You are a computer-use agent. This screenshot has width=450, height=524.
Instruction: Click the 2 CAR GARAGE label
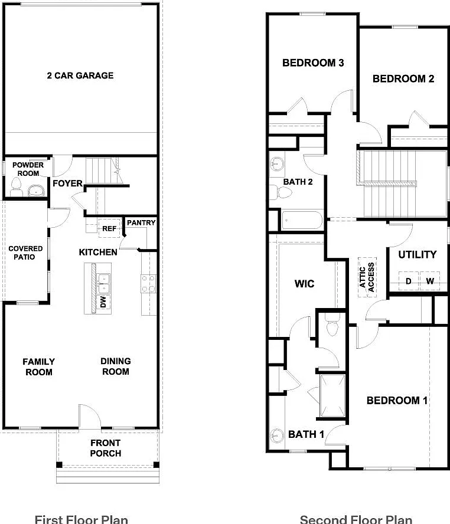(80, 76)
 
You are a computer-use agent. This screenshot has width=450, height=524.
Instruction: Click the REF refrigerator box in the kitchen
(109, 228)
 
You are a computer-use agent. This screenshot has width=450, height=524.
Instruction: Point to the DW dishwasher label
(103, 302)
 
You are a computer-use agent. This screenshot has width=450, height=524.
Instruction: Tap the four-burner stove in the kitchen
(148, 283)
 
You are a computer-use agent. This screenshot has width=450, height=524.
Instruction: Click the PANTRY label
(141, 222)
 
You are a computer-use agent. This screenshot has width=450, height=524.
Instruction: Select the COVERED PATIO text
(25, 253)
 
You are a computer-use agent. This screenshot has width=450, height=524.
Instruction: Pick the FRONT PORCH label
(105, 448)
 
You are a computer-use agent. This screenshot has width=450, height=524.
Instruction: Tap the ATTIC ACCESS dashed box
(367, 277)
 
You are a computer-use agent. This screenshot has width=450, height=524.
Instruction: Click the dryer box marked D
(409, 281)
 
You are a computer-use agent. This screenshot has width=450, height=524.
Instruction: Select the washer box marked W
(429, 281)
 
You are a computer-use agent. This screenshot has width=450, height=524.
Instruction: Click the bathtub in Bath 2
(302, 220)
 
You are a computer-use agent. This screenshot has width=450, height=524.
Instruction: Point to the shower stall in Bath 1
(332, 396)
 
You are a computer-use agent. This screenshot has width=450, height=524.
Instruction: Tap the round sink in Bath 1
(276, 435)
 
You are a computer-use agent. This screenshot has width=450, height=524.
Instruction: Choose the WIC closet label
(304, 284)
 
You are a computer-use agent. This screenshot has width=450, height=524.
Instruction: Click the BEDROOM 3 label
(313, 63)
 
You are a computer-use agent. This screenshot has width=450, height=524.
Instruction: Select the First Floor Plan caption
(81, 519)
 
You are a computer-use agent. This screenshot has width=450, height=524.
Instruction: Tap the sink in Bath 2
(276, 164)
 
